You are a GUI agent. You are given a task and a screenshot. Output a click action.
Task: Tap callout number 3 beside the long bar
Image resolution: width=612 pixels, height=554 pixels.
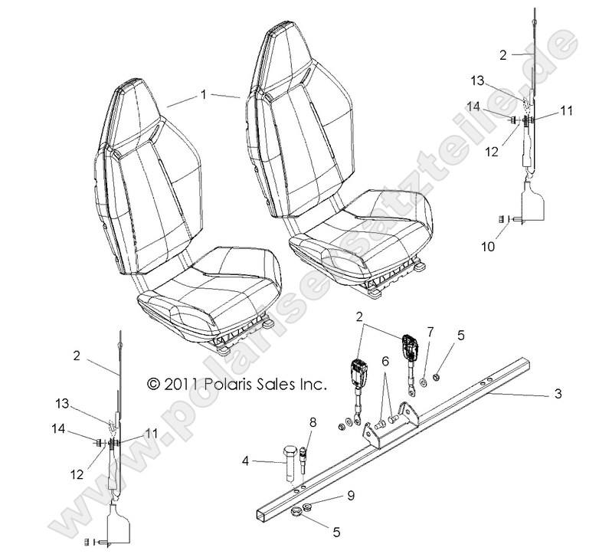click(558, 394)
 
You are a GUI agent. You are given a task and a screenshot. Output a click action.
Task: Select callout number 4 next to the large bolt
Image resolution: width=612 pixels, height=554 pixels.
click(245, 461)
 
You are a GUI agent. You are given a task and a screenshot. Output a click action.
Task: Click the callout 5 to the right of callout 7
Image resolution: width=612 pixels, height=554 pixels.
click(460, 334)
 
